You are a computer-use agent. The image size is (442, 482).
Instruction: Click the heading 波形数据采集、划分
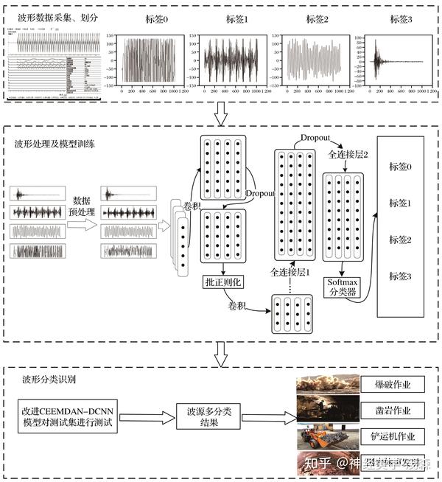click(52, 15)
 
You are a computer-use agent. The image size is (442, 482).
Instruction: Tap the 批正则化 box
click(222, 282)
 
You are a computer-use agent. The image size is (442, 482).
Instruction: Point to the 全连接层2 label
click(348, 157)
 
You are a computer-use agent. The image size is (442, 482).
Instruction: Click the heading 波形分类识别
click(52, 381)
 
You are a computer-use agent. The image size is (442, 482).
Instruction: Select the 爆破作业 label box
click(393, 384)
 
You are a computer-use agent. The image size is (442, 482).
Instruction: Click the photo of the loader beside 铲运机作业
click(326, 436)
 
